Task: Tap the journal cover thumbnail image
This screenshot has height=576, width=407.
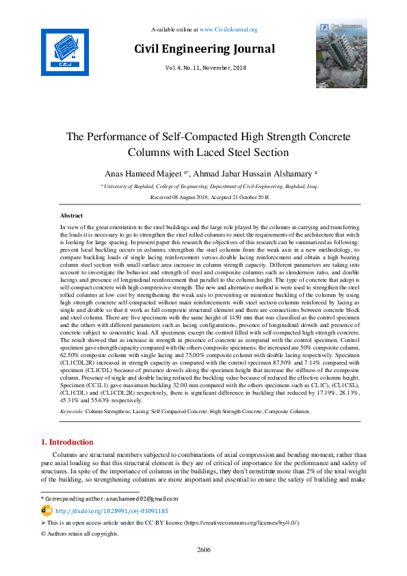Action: (x=341, y=44)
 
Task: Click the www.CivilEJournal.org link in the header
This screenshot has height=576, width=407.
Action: (x=228, y=29)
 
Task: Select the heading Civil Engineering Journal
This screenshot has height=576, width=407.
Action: (x=205, y=49)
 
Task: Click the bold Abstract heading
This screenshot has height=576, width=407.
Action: (x=72, y=215)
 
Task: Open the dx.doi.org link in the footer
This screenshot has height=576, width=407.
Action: (x=111, y=510)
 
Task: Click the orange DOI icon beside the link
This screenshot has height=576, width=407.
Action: (x=47, y=510)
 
